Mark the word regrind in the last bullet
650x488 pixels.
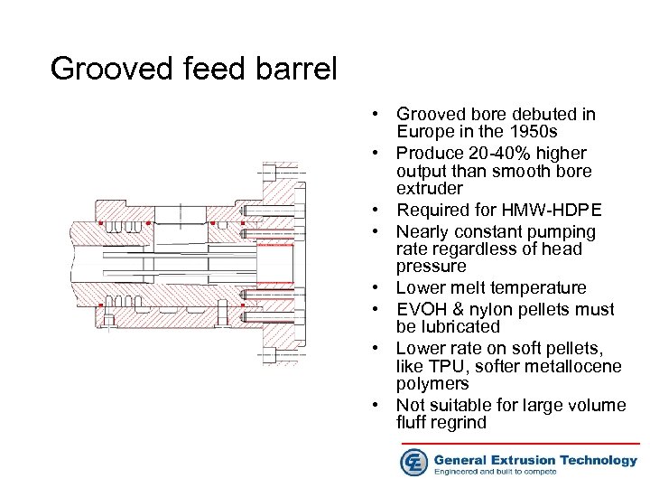pos(460,423)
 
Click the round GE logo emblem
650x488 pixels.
pos(414,461)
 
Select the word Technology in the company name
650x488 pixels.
pos(599,459)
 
